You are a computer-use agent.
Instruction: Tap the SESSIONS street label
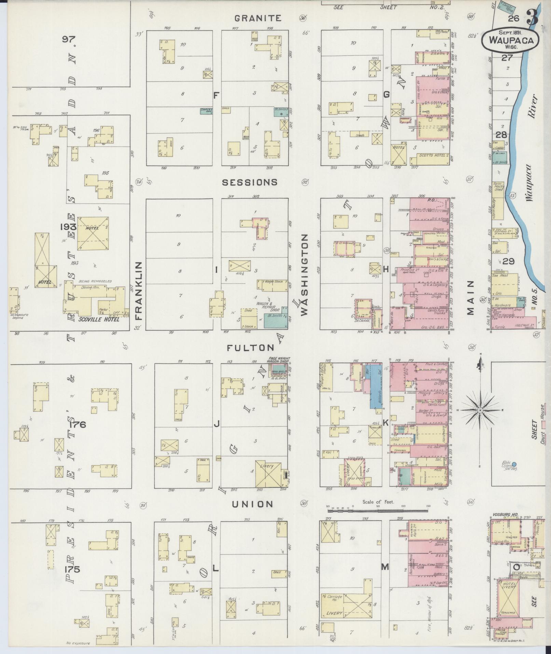point(250,182)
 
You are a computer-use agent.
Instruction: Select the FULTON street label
point(251,348)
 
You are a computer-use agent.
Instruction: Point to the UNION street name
point(252,504)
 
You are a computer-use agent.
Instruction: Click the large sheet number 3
point(533,18)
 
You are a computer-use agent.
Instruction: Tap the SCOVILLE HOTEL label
point(99,319)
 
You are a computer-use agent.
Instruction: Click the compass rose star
point(480,410)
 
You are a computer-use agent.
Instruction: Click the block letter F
point(216,96)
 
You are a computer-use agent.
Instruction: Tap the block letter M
point(385,567)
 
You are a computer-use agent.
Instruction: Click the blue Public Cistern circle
point(515,464)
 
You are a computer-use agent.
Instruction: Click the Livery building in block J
point(268,474)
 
